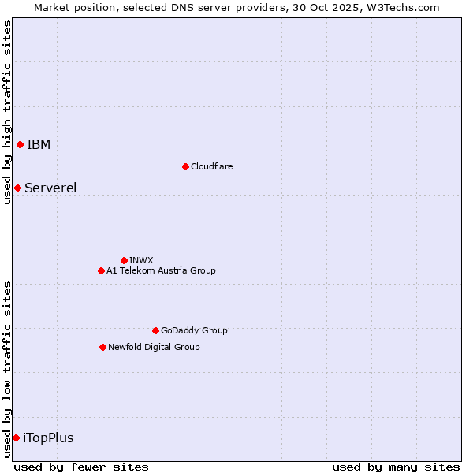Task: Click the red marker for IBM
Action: [x=20, y=144]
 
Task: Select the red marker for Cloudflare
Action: [x=185, y=166]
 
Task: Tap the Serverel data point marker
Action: [x=17, y=188]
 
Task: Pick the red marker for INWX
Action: [x=124, y=260]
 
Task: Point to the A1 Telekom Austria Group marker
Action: [x=101, y=270]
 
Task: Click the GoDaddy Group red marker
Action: [x=155, y=330]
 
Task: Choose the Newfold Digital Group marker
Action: [x=102, y=347]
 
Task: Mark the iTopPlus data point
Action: [x=16, y=438]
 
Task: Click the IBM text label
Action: [x=39, y=144]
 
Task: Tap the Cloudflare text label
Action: [x=212, y=166]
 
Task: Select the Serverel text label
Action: [x=50, y=188]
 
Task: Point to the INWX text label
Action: [x=141, y=260]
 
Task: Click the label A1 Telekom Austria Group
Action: [x=161, y=270]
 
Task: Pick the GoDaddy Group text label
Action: [x=194, y=330]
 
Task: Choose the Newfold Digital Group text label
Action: [x=154, y=347]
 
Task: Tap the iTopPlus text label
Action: [x=48, y=438]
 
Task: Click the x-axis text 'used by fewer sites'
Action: [x=81, y=467]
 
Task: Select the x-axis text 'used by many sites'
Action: [x=396, y=467]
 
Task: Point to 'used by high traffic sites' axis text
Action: [x=7, y=113]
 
